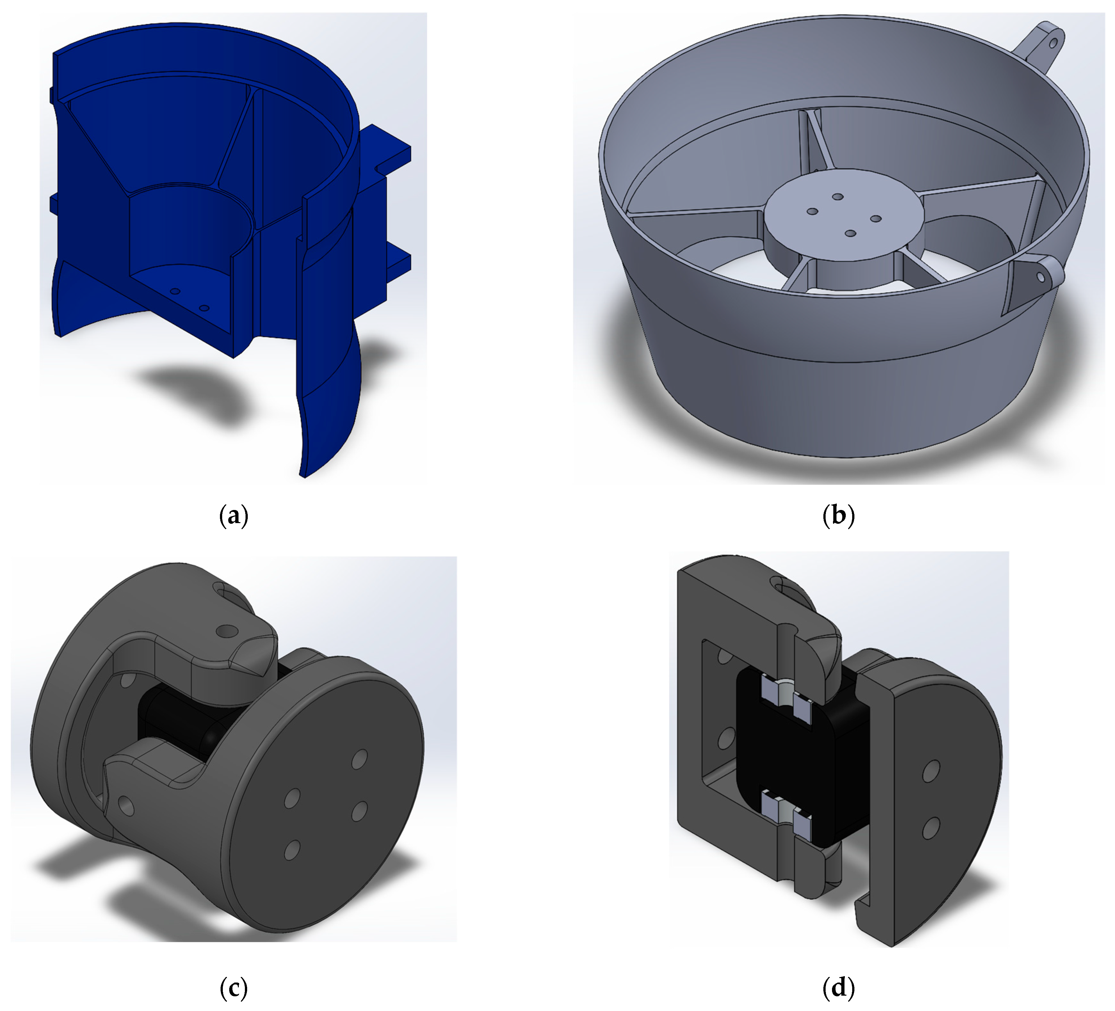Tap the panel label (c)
(x=233, y=987)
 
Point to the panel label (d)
(x=838, y=987)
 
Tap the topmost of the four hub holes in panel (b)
(x=837, y=197)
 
